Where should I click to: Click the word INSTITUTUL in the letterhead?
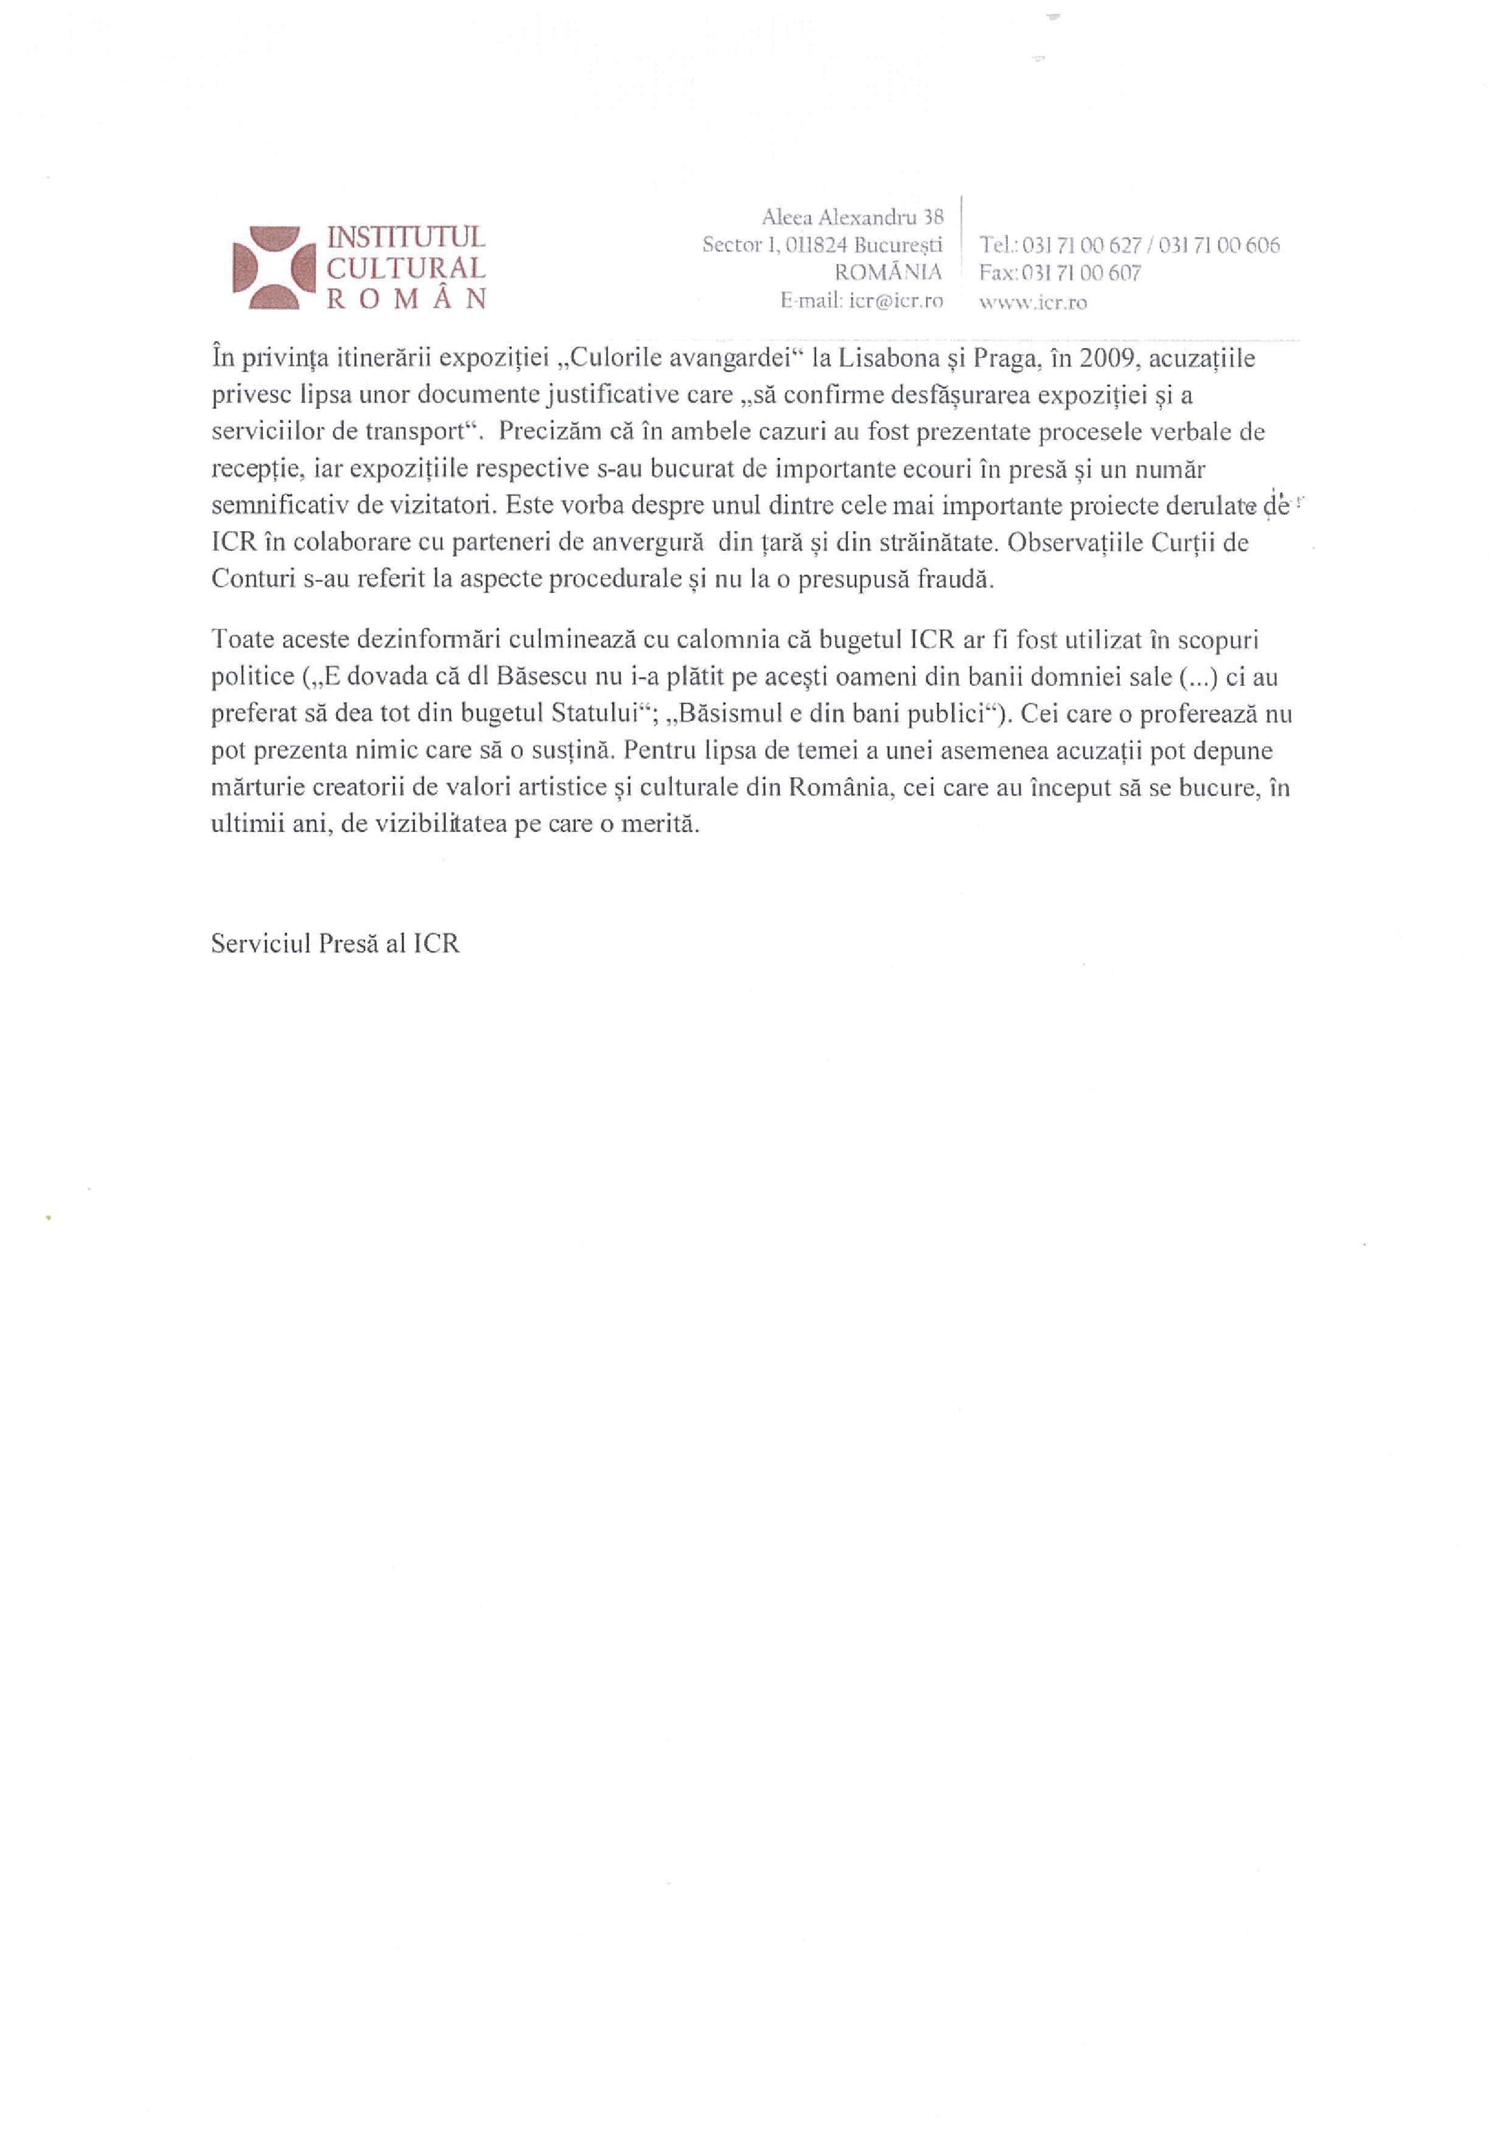tap(405, 238)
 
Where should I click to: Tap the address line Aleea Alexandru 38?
tap(852, 218)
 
